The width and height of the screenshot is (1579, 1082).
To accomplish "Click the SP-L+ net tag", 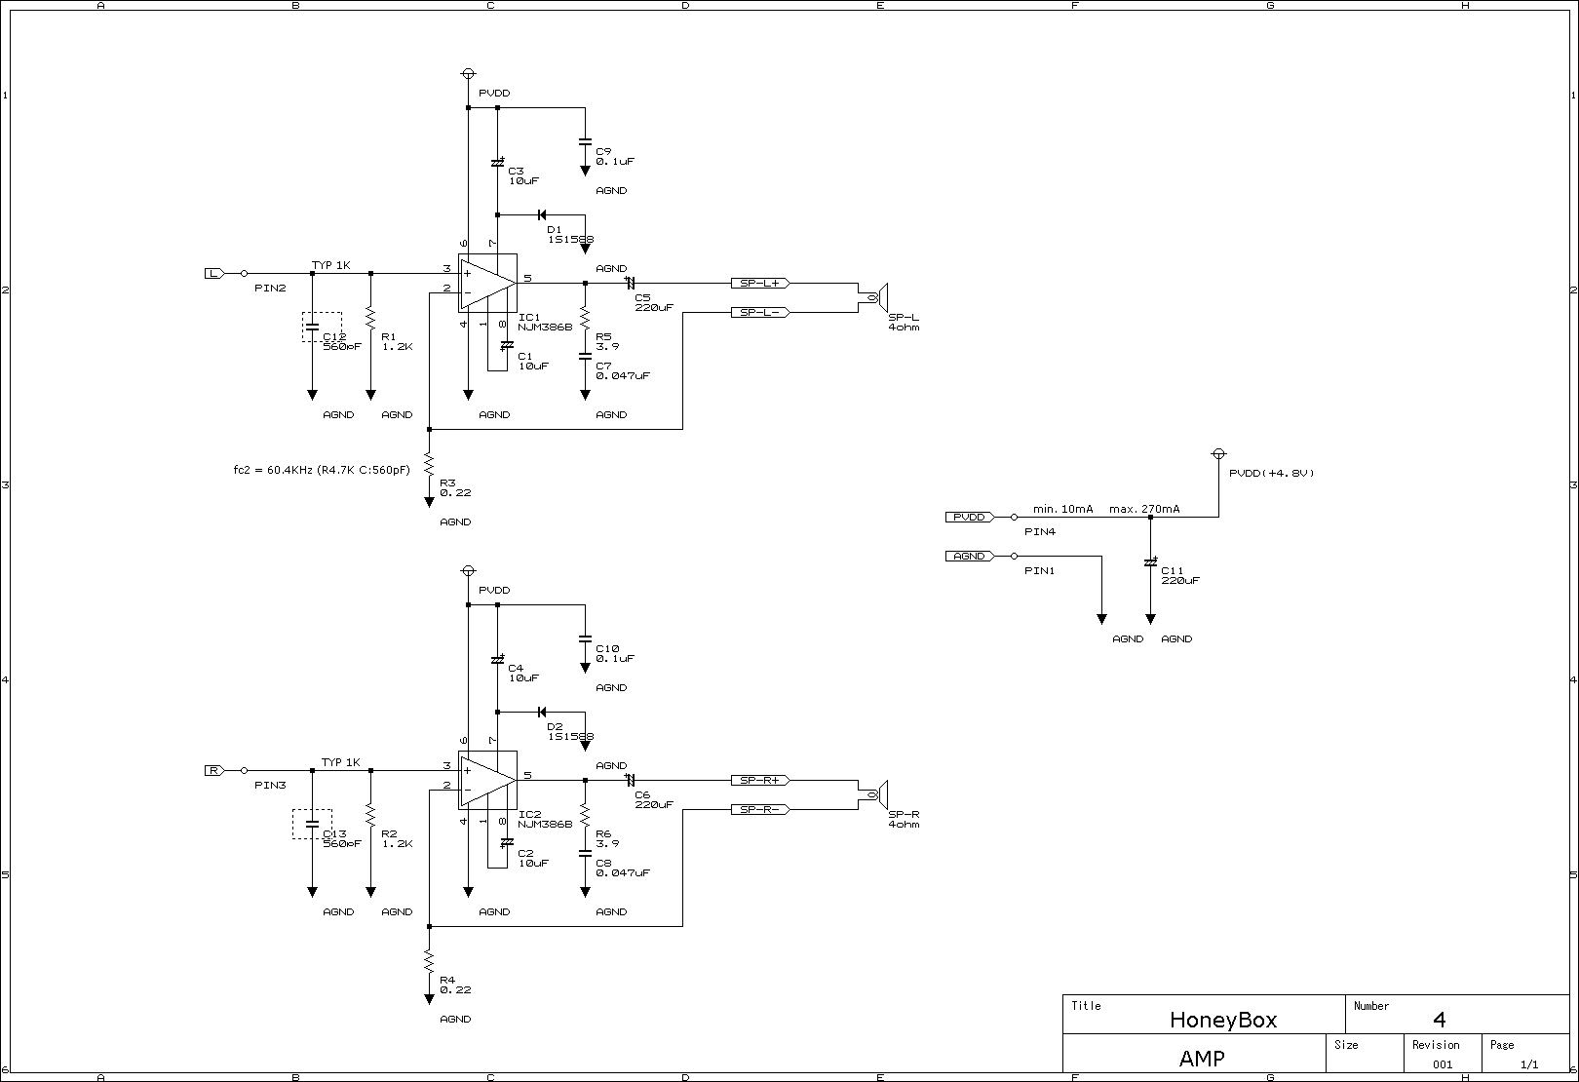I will click(x=760, y=283).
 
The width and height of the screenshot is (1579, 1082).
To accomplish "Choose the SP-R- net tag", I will click(x=760, y=809).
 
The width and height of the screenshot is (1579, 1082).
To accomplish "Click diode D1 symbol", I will click(x=541, y=214).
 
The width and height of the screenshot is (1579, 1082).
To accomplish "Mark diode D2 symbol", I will click(x=541, y=712).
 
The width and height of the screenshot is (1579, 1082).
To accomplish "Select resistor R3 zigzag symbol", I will click(x=429, y=464).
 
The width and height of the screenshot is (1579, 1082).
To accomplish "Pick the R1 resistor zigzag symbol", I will click(x=370, y=318).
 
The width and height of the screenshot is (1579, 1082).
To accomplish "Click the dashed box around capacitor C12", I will click(x=323, y=327).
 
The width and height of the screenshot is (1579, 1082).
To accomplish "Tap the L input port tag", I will click(x=213, y=273).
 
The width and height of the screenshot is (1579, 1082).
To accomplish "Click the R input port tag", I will click(x=213, y=770).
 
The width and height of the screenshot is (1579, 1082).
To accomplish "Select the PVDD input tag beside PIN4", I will click(x=970, y=517).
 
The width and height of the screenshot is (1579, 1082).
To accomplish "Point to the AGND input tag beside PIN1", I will click(x=970, y=556).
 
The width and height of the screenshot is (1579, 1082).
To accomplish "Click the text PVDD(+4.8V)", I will click(x=1271, y=473).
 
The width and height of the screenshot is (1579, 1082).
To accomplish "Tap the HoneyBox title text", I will click(x=1222, y=1020).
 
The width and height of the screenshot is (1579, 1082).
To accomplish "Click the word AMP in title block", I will click(x=1201, y=1059).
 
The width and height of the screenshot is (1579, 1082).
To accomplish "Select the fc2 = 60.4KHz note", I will click(x=322, y=470).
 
